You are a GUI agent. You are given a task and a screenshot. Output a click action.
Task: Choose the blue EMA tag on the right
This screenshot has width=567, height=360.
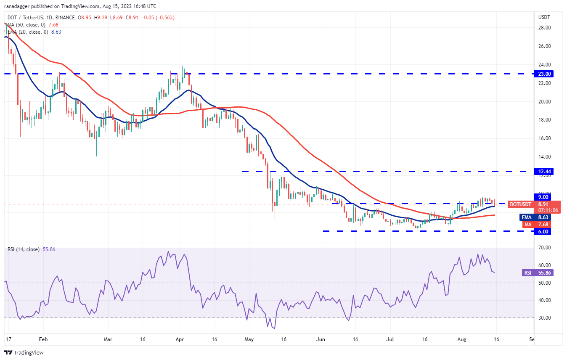coord(527,217)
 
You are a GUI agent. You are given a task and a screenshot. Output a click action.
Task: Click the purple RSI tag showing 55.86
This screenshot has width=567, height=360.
coord(527,273)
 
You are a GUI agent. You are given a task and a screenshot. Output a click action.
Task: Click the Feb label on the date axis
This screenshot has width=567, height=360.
coord(42,339)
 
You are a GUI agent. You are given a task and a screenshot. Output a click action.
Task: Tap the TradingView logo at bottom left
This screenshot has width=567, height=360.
coord(24,352)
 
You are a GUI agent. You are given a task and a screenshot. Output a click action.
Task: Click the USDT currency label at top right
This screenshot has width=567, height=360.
coord(544,17)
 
